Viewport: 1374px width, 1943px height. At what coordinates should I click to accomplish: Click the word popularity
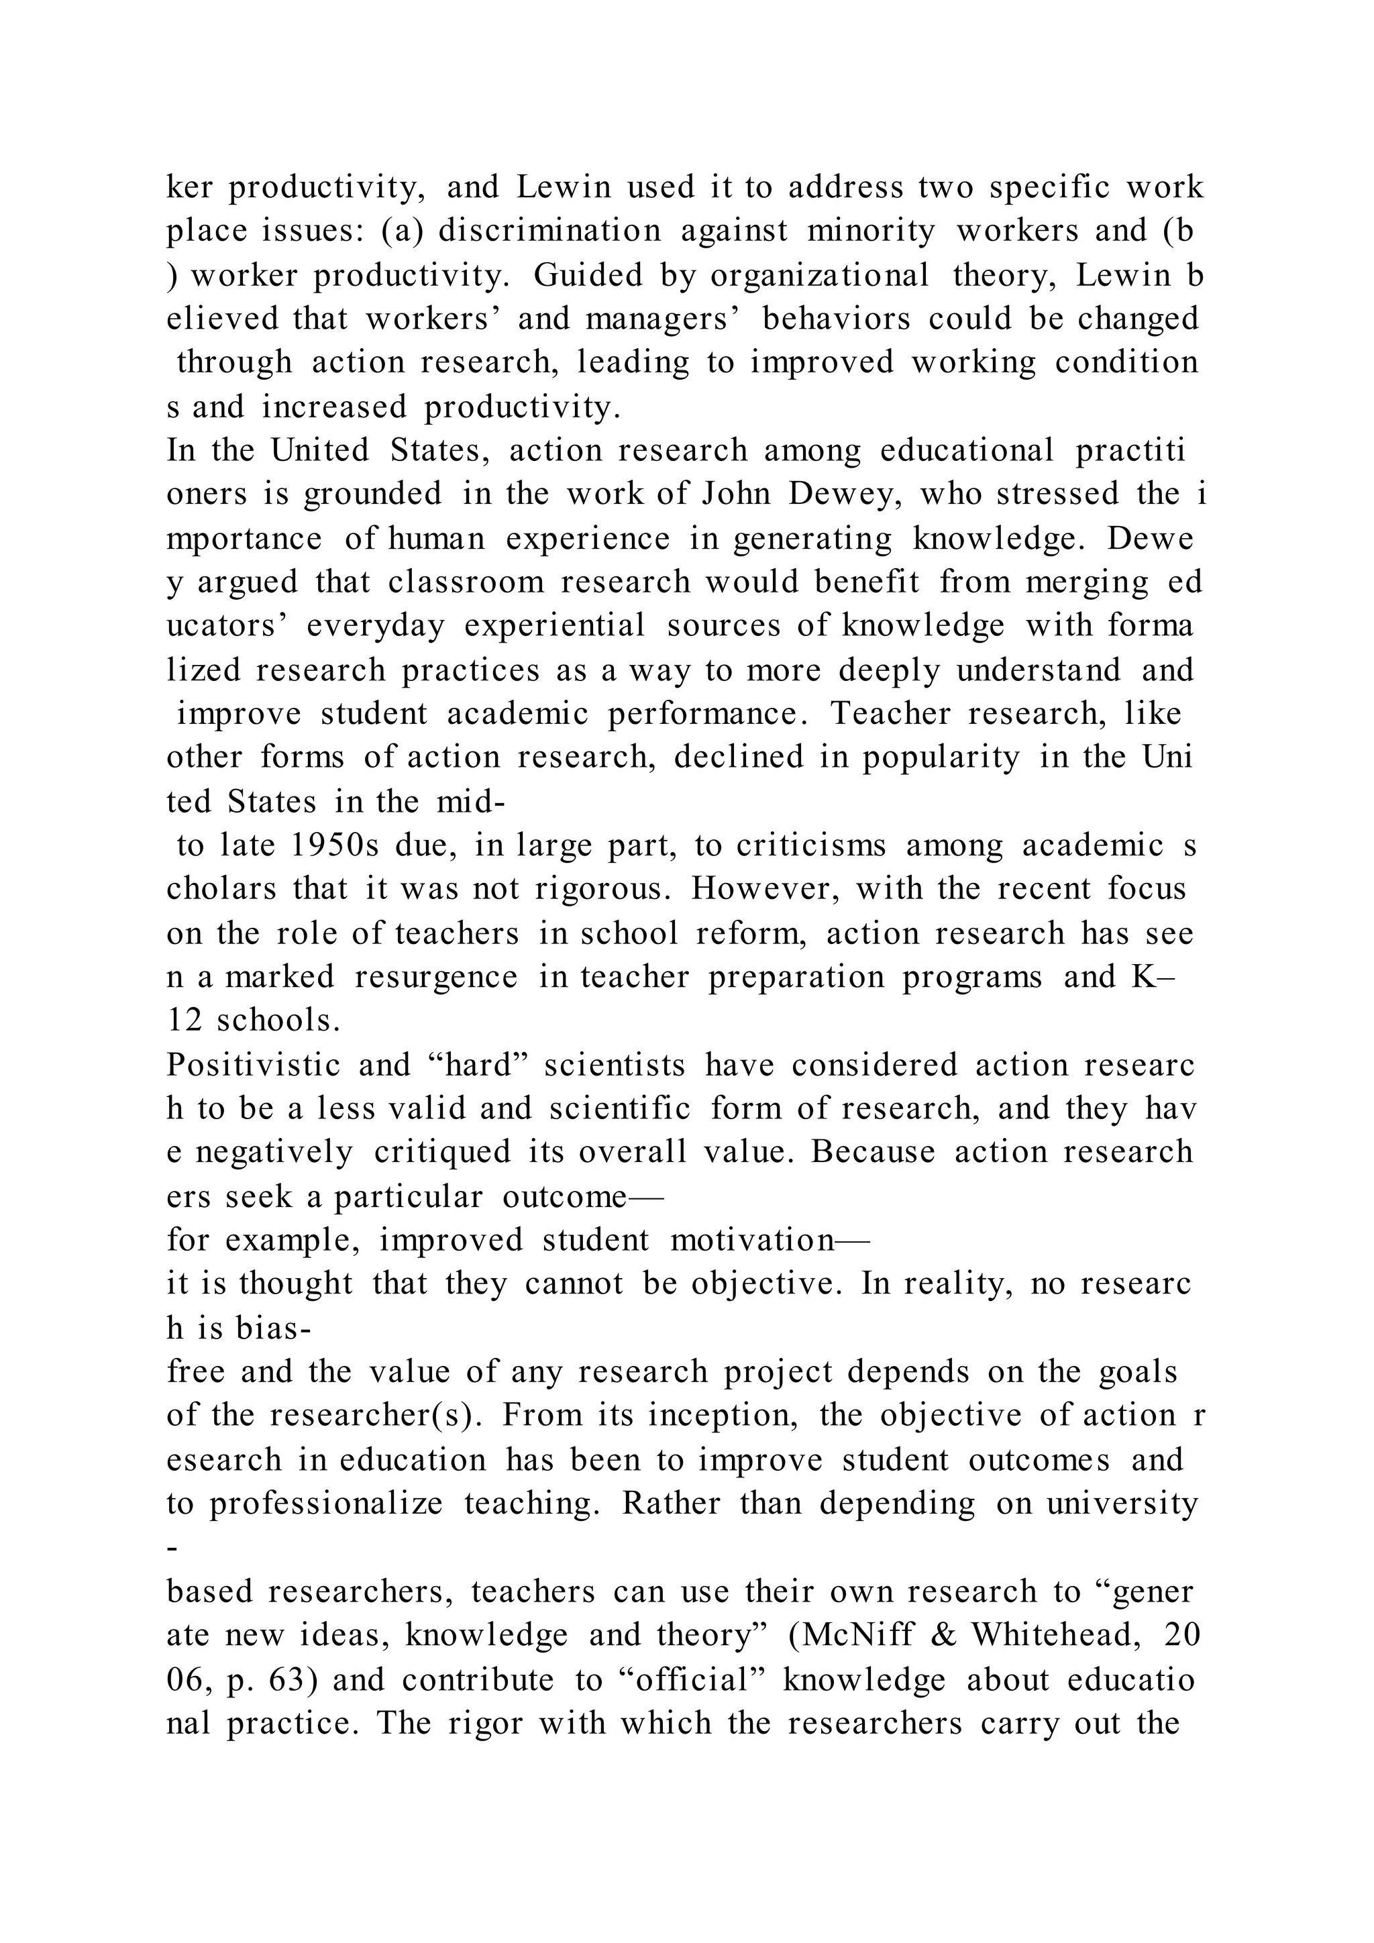tap(941, 757)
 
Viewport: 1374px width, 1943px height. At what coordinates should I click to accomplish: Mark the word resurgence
tap(435, 977)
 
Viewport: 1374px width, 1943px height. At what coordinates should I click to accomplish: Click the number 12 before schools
tap(184, 1020)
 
